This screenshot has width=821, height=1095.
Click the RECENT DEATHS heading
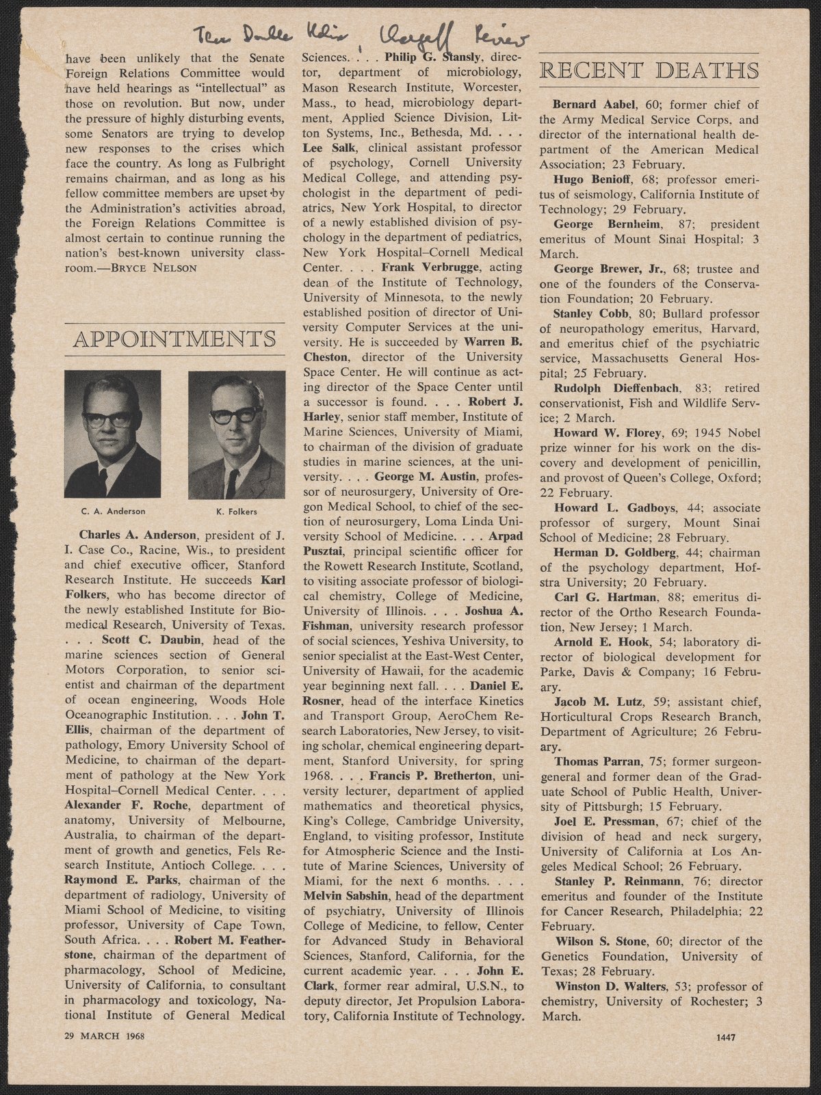click(x=649, y=71)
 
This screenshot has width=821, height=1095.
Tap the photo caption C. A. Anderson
click(x=112, y=510)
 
